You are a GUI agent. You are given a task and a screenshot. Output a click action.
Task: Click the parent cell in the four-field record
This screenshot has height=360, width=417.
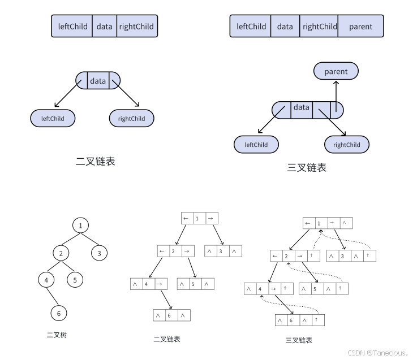pos(360,26)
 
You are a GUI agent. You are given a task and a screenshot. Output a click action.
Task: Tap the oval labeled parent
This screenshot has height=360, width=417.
pos(336,72)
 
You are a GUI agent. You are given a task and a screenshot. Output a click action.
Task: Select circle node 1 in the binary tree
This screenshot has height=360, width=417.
pos(81,225)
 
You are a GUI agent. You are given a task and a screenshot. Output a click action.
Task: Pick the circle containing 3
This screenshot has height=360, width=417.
pos(99,253)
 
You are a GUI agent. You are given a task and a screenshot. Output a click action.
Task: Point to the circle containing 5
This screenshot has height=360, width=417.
pos(75,279)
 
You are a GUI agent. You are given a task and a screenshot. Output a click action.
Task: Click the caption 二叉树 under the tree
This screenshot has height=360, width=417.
pos(57,335)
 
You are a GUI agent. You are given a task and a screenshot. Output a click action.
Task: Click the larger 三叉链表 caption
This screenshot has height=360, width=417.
pos(307,168)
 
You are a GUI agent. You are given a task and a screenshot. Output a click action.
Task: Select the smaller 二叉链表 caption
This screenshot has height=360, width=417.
pos(167,339)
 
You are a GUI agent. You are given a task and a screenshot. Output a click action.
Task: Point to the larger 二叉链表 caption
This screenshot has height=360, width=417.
pos(96,161)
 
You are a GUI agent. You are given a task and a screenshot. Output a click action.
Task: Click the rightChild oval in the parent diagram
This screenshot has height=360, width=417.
pos(346,145)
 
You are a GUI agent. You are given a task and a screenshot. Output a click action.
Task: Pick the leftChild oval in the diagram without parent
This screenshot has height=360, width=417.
pos(53,119)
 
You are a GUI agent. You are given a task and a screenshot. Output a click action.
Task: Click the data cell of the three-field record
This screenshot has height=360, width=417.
pos(104,26)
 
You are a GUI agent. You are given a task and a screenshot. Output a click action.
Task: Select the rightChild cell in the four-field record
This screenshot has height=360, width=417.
pos(320,26)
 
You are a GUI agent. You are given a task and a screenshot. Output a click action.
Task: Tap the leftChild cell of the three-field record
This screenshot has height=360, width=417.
pos(73,26)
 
